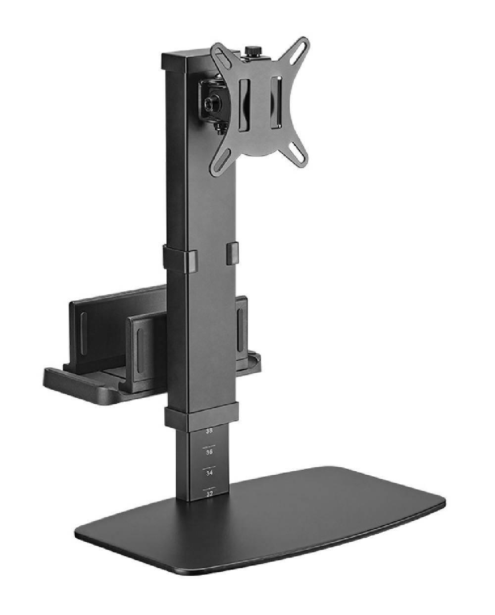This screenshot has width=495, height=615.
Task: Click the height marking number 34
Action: (x=209, y=473)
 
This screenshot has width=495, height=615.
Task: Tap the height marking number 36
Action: (x=209, y=452)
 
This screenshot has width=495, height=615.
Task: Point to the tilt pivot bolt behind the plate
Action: (x=208, y=103)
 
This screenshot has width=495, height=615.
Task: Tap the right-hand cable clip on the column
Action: (x=231, y=251)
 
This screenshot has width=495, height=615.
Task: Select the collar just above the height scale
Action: (x=201, y=417)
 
